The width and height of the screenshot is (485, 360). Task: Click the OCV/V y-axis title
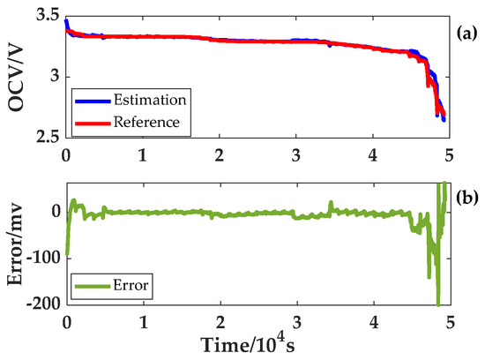pyautogui.click(x=15, y=75)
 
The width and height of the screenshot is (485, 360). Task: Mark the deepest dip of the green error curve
pyautogui.click(x=438, y=304)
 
